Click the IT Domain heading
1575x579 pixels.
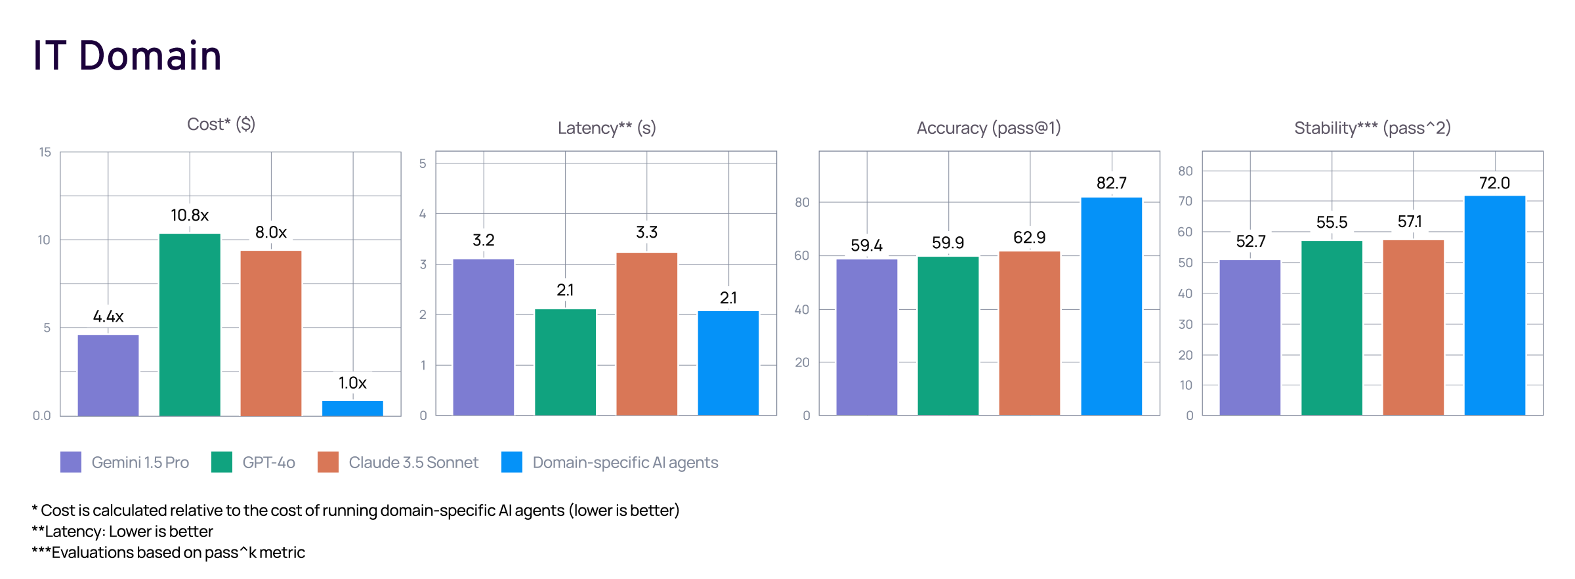[127, 55]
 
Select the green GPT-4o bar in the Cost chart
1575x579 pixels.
[190, 324]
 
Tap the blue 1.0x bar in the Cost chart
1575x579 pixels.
[352, 408]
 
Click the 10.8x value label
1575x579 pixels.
[190, 215]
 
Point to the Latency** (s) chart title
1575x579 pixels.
[606, 128]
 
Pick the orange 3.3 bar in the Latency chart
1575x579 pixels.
[646, 333]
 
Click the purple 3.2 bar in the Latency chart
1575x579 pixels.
[484, 337]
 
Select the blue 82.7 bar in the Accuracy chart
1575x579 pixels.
[1111, 306]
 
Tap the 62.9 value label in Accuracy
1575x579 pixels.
[1029, 238]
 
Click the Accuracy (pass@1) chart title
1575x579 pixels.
[988, 128]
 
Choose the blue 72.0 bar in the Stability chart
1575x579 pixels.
[1494, 305]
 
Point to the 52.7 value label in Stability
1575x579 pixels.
[1250, 242]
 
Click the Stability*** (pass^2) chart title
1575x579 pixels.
[1372, 128]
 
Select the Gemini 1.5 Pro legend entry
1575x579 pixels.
[125, 462]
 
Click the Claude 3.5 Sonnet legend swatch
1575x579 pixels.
[328, 462]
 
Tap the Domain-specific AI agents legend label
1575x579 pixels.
[625, 462]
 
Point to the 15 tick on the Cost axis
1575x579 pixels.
[45, 152]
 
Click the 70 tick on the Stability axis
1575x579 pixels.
[1185, 202]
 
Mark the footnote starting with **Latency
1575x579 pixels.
[123, 531]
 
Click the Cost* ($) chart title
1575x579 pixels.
[221, 124]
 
